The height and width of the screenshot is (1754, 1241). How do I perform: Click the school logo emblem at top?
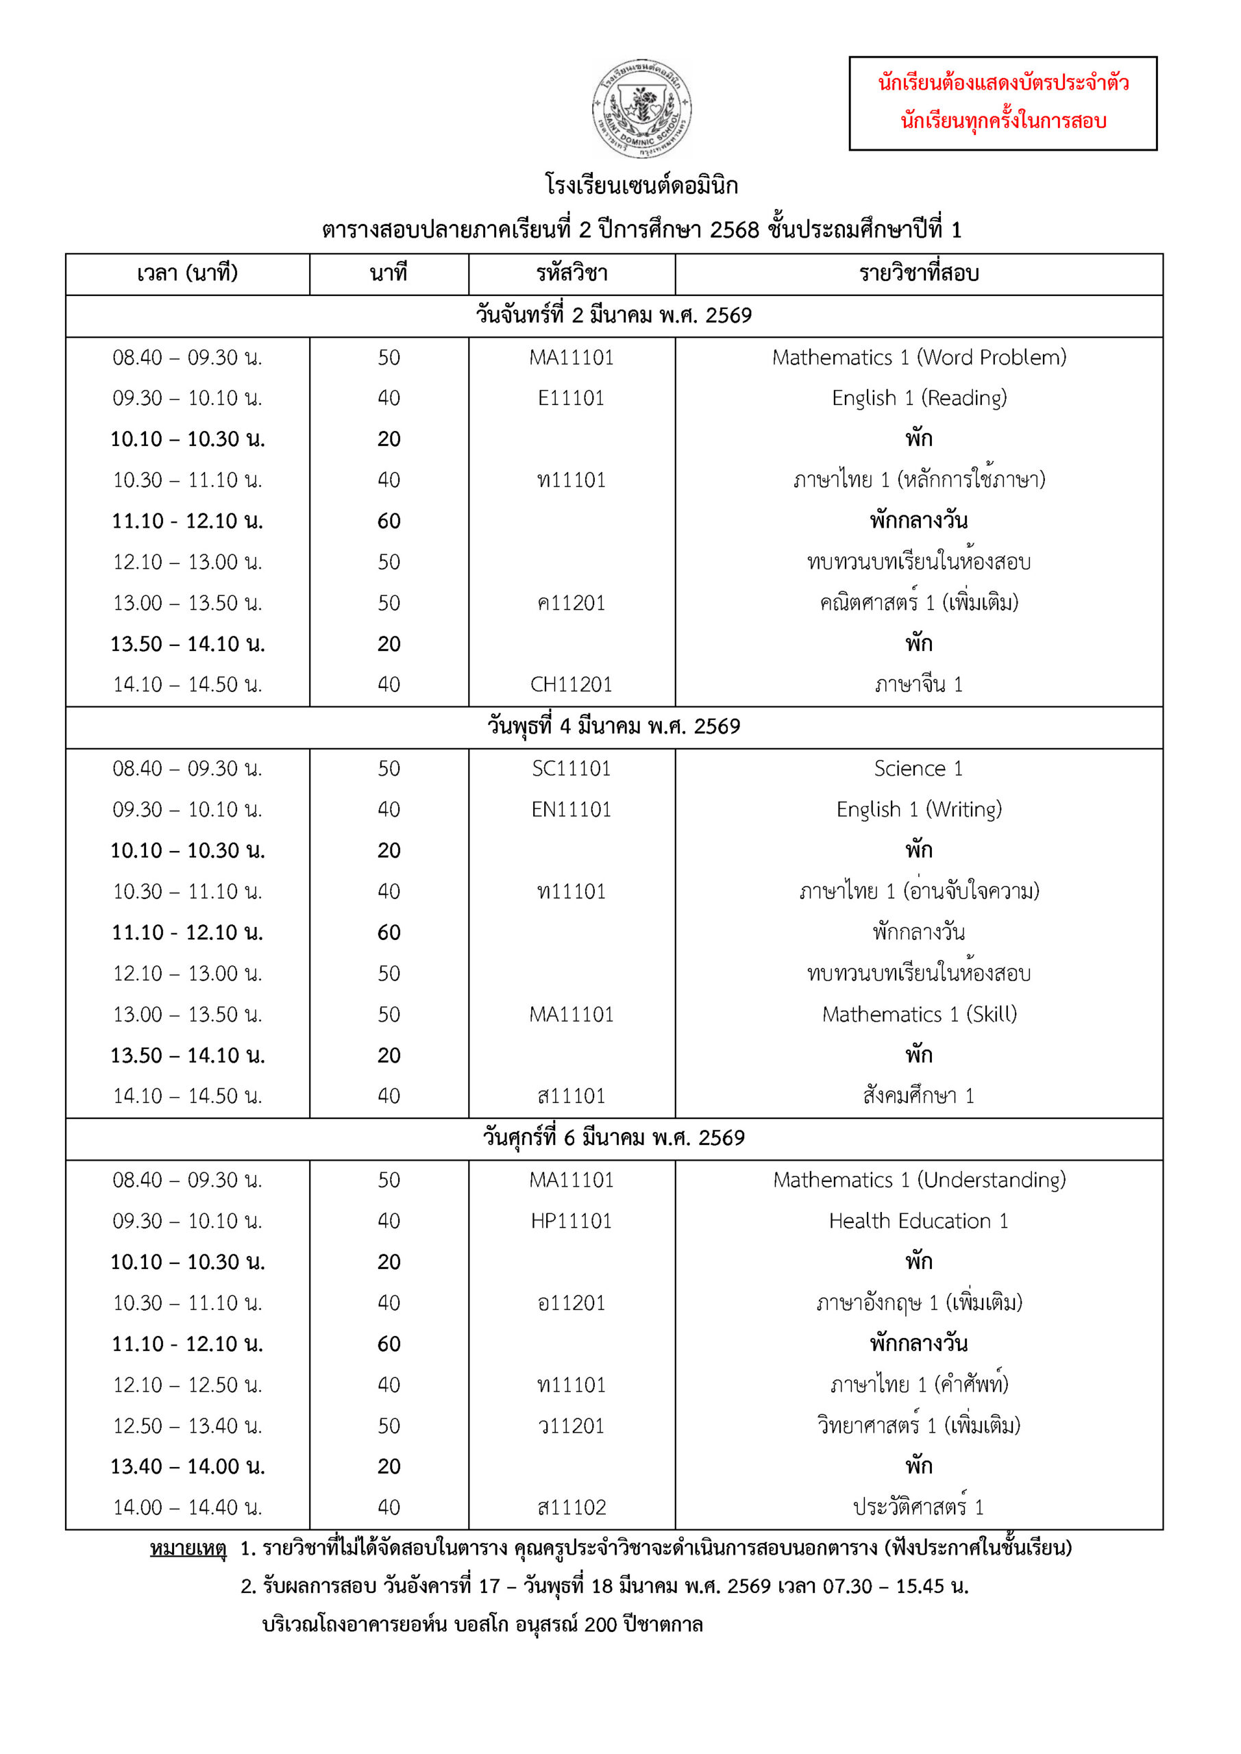tap(642, 108)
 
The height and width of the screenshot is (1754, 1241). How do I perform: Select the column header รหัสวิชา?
tap(572, 273)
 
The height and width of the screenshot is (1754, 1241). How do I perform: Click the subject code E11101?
tap(571, 398)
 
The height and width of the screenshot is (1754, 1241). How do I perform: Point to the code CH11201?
tap(571, 684)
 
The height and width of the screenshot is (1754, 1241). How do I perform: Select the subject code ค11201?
tap(571, 603)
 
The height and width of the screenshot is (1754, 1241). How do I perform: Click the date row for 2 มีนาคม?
tap(613, 315)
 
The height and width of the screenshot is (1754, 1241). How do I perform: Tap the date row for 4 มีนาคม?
tap(613, 726)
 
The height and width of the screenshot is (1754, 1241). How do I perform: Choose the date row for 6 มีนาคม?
tap(613, 1138)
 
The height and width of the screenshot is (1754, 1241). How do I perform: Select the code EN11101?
tap(571, 810)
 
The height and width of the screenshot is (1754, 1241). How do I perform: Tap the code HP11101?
tap(571, 1221)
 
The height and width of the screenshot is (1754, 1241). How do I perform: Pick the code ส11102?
tap(571, 1507)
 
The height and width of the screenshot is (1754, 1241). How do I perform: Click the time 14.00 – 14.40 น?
tap(187, 1507)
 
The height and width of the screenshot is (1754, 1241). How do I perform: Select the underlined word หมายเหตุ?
tap(188, 1548)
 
